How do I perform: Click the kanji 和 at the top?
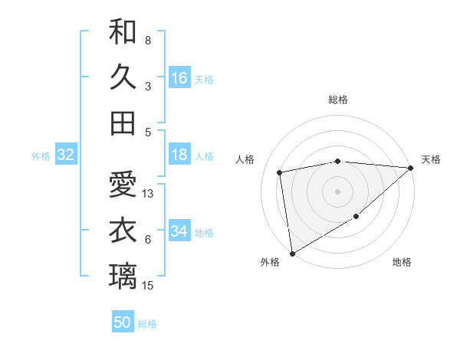tap(123, 32)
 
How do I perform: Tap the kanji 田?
tap(123, 123)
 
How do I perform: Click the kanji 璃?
tap(123, 276)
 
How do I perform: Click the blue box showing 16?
tap(179, 78)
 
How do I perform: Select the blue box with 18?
tap(179, 155)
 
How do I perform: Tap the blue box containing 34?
tap(179, 232)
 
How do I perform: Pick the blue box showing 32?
tap(65, 155)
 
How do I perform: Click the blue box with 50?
tap(123, 322)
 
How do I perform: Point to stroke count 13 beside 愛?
tap(149, 194)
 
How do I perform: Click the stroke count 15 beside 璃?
tap(149, 286)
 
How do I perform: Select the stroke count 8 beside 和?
tap(148, 41)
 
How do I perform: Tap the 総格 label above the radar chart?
tap(338, 100)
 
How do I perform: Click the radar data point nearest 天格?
tap(411, 168)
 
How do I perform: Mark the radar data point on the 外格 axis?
tap(292, 254)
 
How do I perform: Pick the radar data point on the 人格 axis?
tap(280, 172)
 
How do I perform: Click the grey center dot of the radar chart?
tap(338, 191)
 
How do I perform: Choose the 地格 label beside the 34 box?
tap(205, 233)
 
